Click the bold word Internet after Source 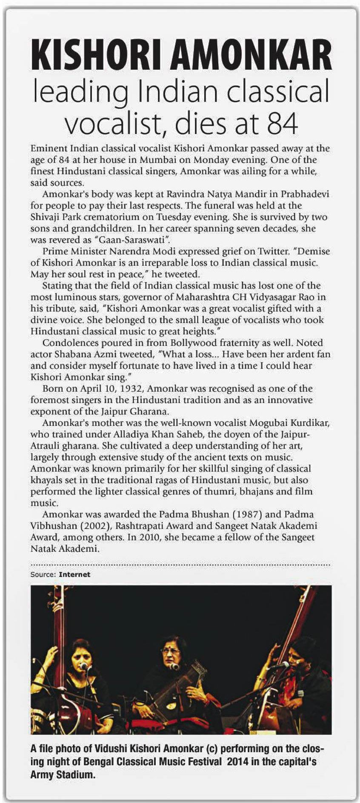coord(74,574)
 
